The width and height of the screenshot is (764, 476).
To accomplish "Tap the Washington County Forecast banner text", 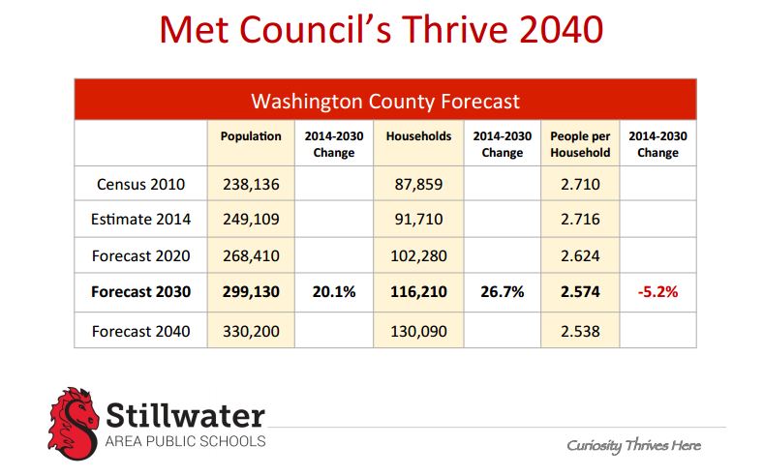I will click(x=384, y=101).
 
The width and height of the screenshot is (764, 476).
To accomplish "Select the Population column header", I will click(x=250, y=136).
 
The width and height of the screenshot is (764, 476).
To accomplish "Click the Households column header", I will click(x=418, y=136).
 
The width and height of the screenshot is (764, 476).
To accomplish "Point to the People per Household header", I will click(x=580, y=144).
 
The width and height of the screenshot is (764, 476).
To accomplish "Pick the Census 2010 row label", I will click(x=140, y=183).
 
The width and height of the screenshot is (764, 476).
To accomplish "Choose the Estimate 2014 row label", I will click(x=140, y=220).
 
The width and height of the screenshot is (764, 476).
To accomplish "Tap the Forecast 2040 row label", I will click(x=140, y=330).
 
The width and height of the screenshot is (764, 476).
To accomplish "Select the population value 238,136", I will click(x=250, y=183).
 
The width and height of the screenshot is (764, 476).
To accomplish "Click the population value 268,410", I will click(x=250, y=256).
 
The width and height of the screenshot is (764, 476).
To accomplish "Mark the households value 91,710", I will click(x=418, y=220).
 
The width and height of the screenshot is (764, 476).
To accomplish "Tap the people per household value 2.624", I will click(x=580, y=256).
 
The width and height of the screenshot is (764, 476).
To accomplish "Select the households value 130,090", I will click(x=418, y=330).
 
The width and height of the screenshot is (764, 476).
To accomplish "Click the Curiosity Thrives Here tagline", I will click(x=633, y=445).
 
